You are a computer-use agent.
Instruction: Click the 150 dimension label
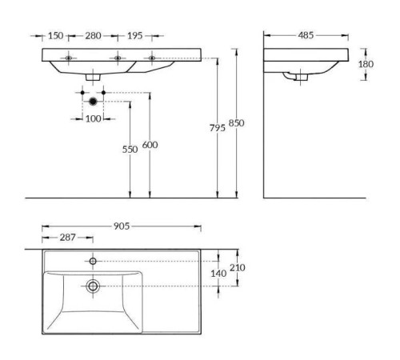point(55,36)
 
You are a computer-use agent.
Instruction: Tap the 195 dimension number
point(135,36)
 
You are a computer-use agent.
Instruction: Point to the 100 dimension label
point(93,118)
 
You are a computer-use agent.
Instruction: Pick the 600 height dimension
point(150,144)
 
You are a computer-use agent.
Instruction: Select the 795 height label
point(217,129)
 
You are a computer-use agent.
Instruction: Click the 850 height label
point(237,122)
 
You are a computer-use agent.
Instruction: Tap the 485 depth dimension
point(305,36)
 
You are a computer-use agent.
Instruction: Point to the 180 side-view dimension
point(366,64)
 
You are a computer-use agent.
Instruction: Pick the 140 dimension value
point(218,274)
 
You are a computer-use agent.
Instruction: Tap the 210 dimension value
point(238,267)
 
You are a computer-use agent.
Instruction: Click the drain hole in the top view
point(93,286)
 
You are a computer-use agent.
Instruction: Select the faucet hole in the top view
point(93,261)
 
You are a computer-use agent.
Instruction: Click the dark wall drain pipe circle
point(93,101)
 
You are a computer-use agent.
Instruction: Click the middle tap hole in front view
point(118,58)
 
